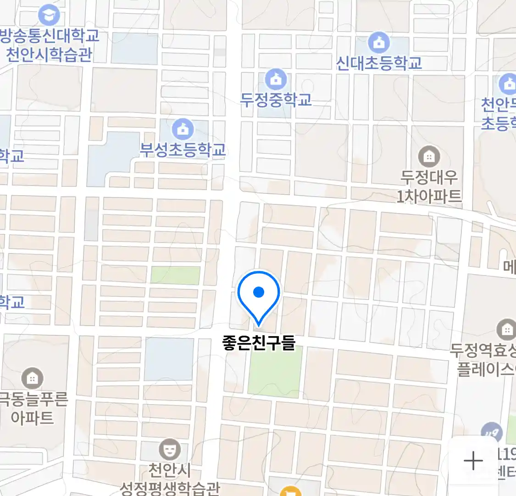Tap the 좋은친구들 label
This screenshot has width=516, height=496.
258,343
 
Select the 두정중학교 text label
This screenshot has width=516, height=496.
276,100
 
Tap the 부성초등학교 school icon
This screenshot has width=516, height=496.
183,129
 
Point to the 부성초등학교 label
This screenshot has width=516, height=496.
183,150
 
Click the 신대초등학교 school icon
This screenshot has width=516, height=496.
379,43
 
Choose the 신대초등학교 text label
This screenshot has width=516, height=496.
379,63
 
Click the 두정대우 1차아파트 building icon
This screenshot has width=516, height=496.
429,157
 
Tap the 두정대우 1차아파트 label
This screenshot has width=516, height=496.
429,187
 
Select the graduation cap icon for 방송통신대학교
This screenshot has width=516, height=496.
48,15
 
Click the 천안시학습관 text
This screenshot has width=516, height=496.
49,54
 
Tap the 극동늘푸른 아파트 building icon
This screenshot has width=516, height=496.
32,378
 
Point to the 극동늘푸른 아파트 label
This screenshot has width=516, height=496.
33,408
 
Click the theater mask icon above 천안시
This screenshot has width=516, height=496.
170,450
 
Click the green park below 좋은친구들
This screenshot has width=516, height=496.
275,372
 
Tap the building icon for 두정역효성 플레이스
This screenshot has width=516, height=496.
506,329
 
